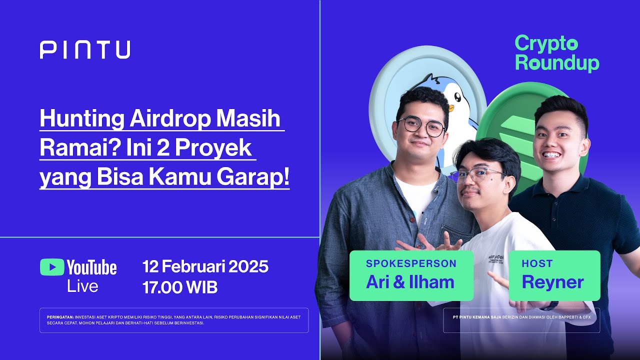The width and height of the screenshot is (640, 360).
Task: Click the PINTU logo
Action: (85, 50)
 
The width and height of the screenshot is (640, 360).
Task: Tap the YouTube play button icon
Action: (52, 267)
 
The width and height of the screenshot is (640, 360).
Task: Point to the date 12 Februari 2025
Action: (205, 266)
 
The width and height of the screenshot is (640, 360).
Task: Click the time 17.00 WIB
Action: (180, 287)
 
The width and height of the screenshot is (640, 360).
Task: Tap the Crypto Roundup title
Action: (557, 53)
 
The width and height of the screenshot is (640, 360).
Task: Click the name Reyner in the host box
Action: (552, 282)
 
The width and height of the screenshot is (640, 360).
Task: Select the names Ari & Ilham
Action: (410, 282)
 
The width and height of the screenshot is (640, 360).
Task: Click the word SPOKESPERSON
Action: (411, 263)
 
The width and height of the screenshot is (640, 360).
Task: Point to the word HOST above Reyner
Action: (537, 263)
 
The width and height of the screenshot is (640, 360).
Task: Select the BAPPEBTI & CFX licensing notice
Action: (521, 317)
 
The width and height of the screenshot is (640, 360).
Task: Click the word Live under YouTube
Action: (82, 286)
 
